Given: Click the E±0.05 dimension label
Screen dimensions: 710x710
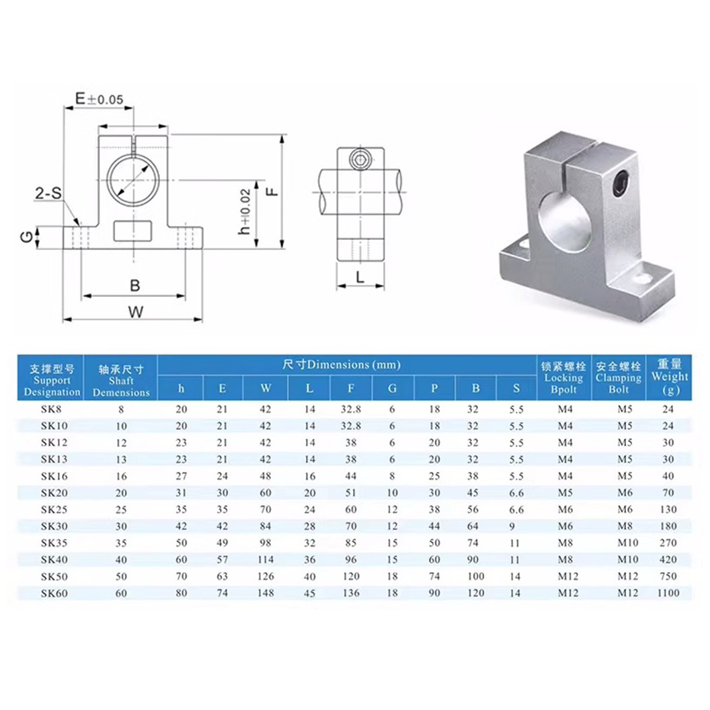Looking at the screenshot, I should [99, 99].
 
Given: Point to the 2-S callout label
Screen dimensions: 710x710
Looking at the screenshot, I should [48, 195].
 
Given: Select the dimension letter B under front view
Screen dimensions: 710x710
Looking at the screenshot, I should [134, 285].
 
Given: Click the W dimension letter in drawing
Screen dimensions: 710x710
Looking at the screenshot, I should [135, 311].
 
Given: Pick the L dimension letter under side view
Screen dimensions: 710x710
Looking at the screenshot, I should [360, 276].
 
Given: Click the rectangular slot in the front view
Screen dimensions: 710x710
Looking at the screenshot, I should [133, 231].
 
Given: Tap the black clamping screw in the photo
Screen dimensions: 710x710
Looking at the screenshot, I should [621, 184].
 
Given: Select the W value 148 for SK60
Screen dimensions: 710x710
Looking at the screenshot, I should [267, 593].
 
